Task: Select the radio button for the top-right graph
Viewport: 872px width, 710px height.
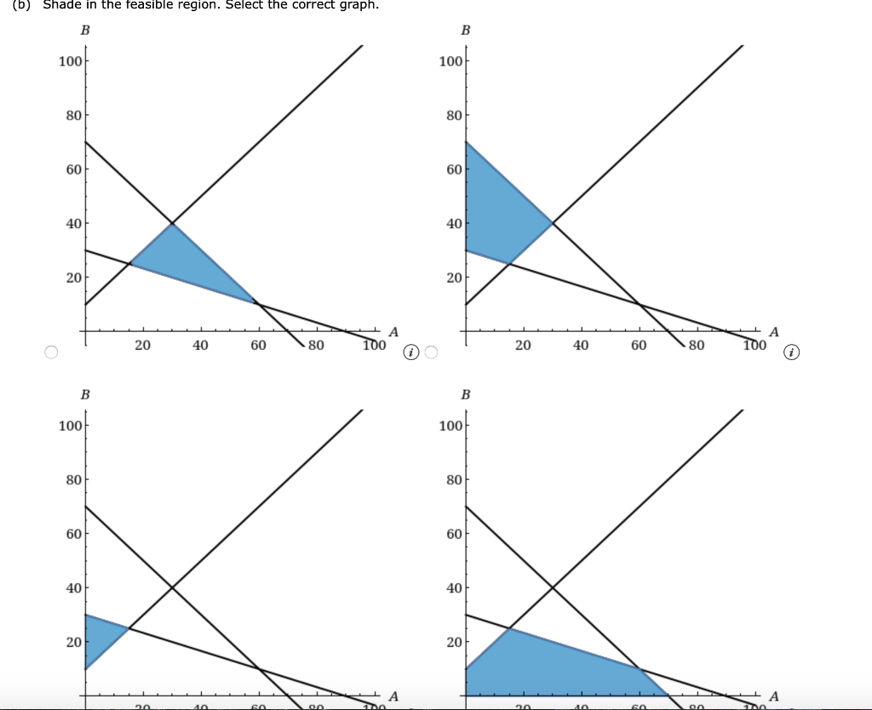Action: tap(431, 352)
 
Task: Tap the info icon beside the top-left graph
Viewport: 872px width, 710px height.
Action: tap(411, 352)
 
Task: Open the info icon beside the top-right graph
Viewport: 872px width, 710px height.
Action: tap(792, 352)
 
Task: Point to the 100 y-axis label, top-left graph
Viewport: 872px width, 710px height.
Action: tap(70, 60)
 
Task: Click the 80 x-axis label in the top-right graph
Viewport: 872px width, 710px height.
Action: tap(697, 346)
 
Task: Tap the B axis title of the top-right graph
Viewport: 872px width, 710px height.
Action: tap(465, 31)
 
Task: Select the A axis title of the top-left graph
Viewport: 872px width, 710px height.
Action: tap(393, 332)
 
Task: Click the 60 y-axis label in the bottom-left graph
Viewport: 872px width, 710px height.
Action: tap(74, 534)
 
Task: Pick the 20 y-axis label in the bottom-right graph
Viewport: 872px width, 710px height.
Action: tap(454, 642)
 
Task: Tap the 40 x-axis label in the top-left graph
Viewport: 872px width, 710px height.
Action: tap(200, 346)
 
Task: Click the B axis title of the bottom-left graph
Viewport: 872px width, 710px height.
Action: tap(84, 395)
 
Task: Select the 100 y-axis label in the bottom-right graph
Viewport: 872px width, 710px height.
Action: tap(450, 425)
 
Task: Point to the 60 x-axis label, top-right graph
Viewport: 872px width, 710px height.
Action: tap(639, 346)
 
